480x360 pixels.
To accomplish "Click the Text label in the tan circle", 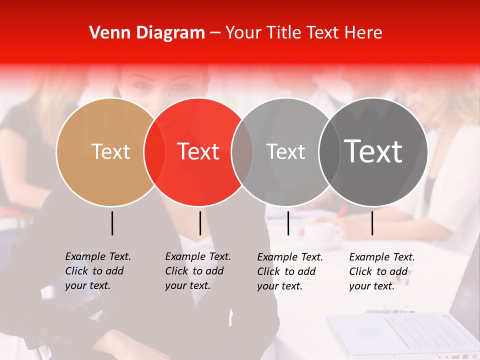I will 110,151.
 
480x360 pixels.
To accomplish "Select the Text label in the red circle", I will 198,151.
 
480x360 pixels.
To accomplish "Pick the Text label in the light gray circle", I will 285,152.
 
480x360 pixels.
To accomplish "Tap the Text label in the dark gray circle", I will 373,151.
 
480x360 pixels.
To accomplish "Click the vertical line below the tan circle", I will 112,223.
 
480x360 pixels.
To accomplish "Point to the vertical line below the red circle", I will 200,223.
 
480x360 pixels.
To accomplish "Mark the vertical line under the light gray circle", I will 288,223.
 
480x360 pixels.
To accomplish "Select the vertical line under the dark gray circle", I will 372,223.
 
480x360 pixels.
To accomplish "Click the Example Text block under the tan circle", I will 98,271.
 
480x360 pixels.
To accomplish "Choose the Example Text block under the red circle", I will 198,271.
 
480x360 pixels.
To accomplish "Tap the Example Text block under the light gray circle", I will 290,271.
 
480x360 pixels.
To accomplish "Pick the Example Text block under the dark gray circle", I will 382,271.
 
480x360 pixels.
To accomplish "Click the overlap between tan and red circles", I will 154,152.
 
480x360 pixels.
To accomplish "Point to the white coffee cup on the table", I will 320,232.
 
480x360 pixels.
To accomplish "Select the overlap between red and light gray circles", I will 242,152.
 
